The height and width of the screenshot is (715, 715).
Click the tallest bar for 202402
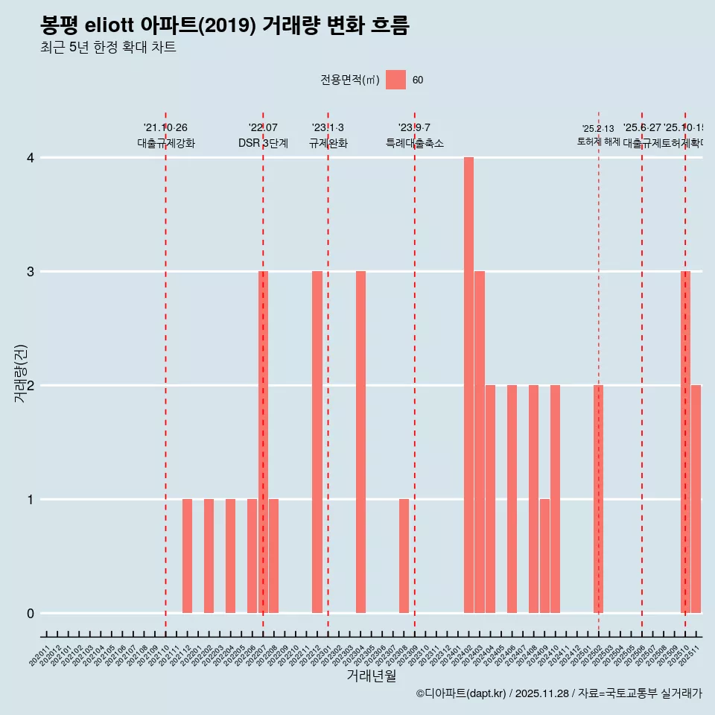468,385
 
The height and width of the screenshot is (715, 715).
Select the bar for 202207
263,442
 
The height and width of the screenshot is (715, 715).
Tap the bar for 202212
317,442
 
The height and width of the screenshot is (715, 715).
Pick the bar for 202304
360,442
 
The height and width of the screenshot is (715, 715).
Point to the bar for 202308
404,556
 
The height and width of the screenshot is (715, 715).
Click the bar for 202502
598,499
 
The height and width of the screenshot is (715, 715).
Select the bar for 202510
685,442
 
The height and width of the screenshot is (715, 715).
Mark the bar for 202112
187,556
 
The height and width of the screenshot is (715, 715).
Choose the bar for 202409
544,556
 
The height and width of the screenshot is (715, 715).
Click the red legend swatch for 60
395,80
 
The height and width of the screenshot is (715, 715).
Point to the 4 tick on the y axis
31,157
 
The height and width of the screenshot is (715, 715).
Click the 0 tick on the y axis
31,613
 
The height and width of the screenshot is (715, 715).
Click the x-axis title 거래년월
371,676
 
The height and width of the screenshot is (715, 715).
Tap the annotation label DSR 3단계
263,143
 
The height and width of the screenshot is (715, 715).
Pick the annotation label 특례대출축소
414,143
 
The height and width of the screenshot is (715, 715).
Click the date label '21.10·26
165,128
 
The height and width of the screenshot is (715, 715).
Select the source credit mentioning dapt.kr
559,693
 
